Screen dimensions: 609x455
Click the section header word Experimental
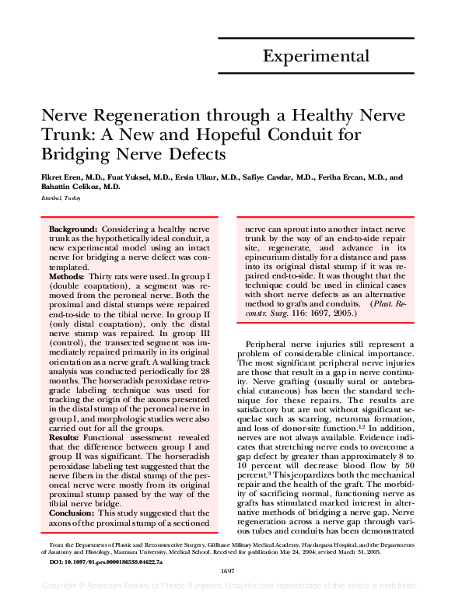coord(316,56)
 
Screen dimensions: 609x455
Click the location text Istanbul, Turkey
coord(60,199)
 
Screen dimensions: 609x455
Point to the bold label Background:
coord(73,230)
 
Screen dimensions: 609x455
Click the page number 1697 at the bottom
coord(227,593)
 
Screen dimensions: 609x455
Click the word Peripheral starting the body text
coord(269,343)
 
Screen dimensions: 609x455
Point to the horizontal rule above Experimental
coord(320,33)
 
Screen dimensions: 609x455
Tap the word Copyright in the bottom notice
coord(63,604)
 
